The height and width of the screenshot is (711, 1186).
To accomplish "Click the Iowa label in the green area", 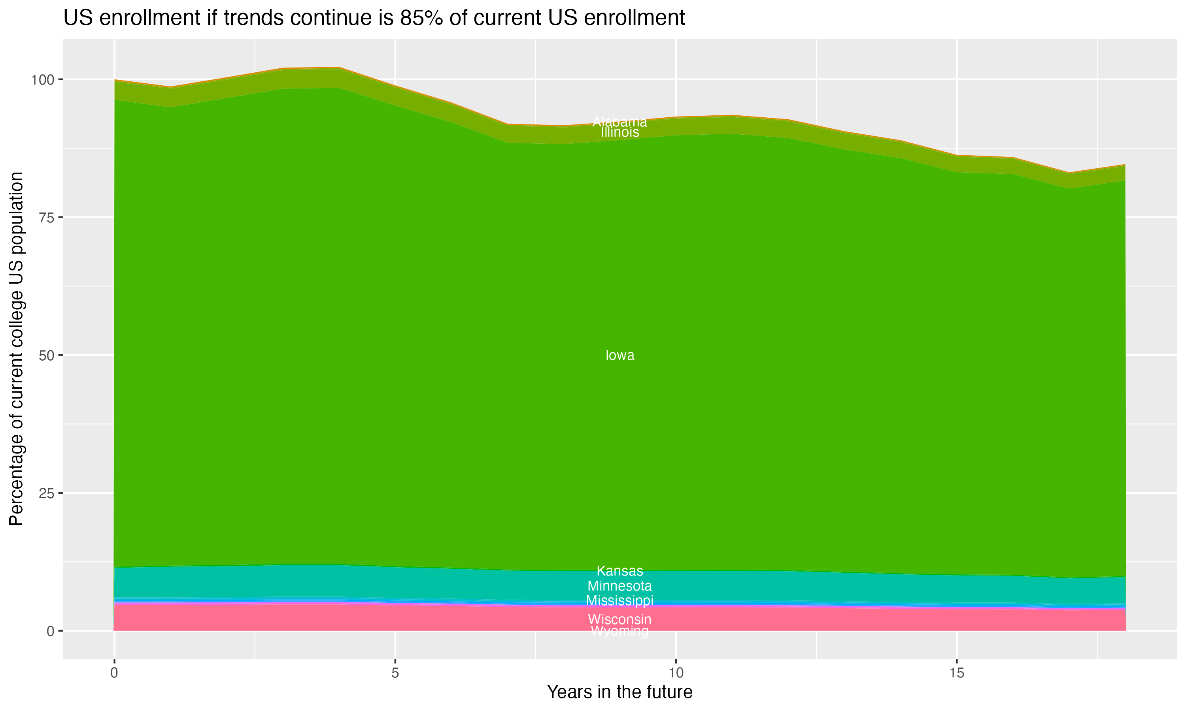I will pos(620,355).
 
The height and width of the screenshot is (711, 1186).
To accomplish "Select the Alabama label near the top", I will pos(620,122).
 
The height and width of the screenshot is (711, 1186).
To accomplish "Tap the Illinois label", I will pos(620,132).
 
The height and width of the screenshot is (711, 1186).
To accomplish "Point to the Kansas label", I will pos(620,571).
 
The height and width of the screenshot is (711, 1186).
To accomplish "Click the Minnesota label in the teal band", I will pos(620,586).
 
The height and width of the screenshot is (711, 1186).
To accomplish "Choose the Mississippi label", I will pos(620,600).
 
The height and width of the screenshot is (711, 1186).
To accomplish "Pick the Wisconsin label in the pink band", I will pos(620,619).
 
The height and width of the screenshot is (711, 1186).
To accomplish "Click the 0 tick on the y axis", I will pos(50,631).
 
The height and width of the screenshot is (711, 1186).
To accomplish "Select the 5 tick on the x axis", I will pos(395,673).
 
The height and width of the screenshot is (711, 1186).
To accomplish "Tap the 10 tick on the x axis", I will pos(676,673).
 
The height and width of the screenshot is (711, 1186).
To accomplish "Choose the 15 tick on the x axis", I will pos(957,673).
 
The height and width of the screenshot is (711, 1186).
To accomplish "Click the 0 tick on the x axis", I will pos(114,673).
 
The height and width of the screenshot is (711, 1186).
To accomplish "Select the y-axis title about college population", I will pos(16,348).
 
